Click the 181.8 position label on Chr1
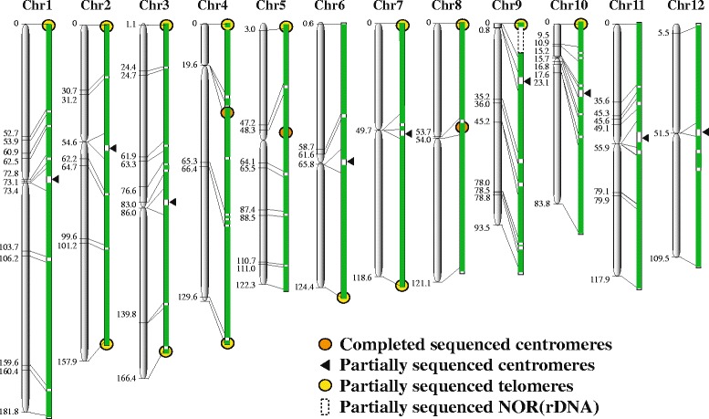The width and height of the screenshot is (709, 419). click(x=10, y=412)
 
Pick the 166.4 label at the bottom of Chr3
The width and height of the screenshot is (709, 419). click(x=126, y=377)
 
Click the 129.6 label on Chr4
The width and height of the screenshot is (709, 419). click(x=185, y=297)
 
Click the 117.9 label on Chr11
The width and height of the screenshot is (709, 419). click(x=600, y=280)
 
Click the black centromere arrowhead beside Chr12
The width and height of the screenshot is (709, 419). click(x=706, y=131)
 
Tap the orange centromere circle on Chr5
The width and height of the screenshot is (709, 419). click(x=286, y=132)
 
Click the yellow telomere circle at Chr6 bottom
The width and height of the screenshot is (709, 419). click(x=343, y=296)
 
